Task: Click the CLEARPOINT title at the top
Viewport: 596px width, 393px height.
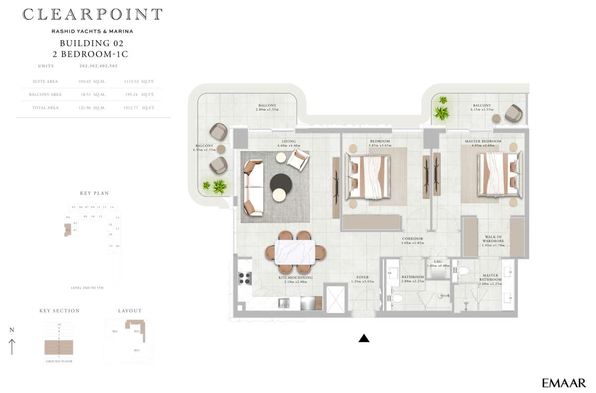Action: click(92, 14)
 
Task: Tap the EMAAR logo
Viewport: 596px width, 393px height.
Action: click(564, 383)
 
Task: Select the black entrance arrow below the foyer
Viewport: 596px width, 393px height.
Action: click(364, 338)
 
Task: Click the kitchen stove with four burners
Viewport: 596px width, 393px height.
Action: click(245, 278)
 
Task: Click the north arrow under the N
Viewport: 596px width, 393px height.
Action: click(12, 346)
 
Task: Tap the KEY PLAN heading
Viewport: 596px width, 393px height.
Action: click(94, 193)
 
